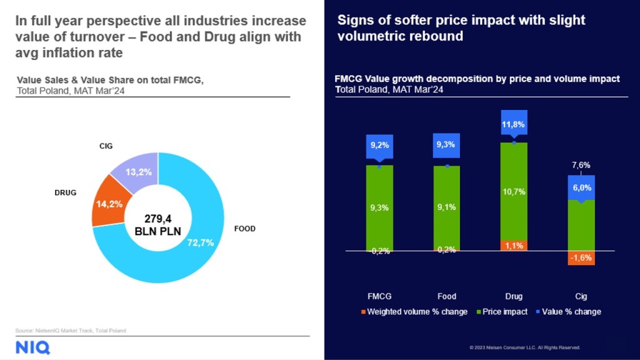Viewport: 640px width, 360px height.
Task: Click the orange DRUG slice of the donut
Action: [109, 203]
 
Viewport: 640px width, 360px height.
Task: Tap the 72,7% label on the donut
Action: [201, 243]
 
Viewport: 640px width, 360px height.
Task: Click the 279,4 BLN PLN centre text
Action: [158, 225]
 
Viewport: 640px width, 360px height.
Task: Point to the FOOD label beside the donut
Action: [245, 229]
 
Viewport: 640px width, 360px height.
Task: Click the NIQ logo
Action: [32, 347]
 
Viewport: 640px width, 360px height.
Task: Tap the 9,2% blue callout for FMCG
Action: [379, 146]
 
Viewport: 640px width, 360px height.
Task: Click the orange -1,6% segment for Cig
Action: [581, 258]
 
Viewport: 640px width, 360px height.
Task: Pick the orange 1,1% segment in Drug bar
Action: [514, 245]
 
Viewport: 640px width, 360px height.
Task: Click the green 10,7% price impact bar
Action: [514, 191]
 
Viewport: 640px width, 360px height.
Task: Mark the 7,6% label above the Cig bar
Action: [581, 165]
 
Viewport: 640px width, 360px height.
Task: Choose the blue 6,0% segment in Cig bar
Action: [581, 187]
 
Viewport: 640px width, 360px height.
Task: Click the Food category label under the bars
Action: [446, 296]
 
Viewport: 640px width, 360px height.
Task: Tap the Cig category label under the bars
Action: [581, 296]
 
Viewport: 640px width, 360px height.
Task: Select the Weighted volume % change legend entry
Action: [414, 312]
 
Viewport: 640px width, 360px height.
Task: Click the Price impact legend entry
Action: [502, 312]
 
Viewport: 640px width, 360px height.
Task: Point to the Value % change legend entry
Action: [568, 312]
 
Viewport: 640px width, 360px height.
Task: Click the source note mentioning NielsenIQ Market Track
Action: [71, 331]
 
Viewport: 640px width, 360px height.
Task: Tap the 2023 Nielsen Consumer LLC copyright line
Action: [524, 347]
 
